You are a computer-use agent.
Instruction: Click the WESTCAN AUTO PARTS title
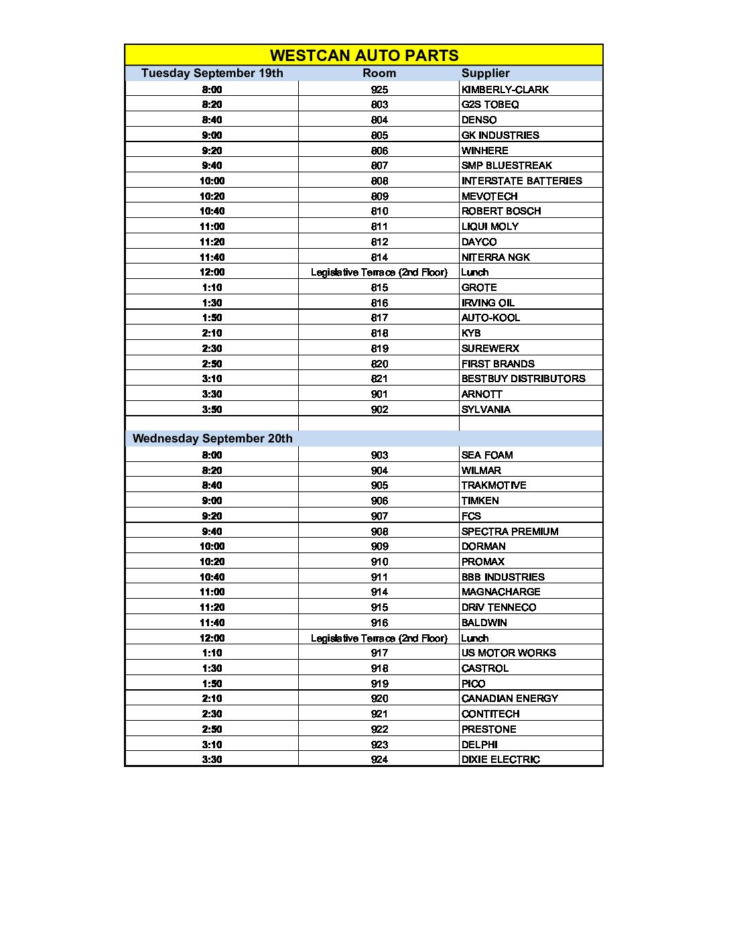click(x=364, y=56)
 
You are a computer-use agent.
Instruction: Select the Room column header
click(x=379, y=73)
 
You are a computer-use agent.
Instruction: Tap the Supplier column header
click(x=485, y=73)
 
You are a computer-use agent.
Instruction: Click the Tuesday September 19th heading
click(x=212, y=73)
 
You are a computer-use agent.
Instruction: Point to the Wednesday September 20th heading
click(x=212, y=438)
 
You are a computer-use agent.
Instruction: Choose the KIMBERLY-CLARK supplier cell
click(x=505, y=90)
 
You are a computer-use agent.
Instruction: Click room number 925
click(x=379, y=90)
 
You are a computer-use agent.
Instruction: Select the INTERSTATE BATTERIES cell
click(x=521, y=181)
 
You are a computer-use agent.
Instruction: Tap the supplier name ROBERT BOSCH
click(x=501, y=211)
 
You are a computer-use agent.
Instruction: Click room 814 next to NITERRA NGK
click(x=379, y=257)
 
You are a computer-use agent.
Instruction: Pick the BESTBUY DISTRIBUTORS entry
click(x=523, y=379)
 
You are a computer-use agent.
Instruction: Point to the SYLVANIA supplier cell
click(x=486, y=410)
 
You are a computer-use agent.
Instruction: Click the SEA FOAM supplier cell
click(x=487, y=455)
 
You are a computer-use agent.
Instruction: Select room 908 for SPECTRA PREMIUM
click(x=379, y=532)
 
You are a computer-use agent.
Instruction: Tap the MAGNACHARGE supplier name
click(x=501, y=592)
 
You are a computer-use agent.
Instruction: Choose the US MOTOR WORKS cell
click(x=509, y=653)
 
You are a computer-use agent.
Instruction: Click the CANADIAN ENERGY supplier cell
click(x=509, y=699)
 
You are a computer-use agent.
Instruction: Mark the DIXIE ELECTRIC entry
click(x=501, y=760)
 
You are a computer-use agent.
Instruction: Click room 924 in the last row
click(x=379, y=760)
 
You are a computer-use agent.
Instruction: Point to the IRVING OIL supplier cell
click(x=488, y=303)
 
